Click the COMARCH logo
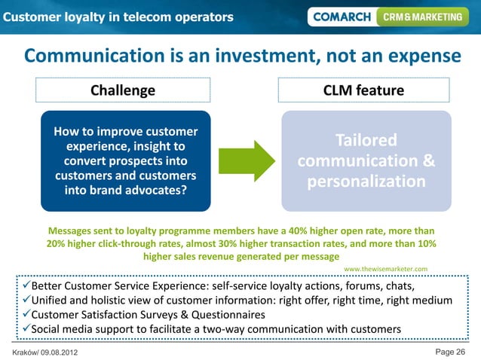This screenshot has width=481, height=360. [341, 16]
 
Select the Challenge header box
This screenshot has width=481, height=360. [123, 90]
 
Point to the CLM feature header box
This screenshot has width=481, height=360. [363, 90]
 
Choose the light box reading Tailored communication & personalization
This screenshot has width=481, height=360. [366, 161]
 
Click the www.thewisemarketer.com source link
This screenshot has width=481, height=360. [385, 268]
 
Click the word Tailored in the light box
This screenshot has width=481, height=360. [366, 141]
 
